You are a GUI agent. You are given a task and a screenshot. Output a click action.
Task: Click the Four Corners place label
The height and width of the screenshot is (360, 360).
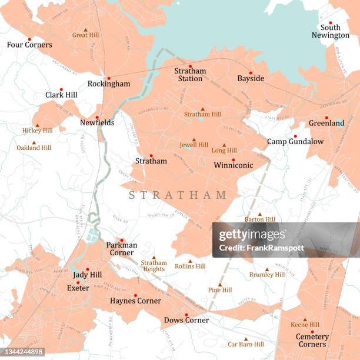click(x=29, y=45)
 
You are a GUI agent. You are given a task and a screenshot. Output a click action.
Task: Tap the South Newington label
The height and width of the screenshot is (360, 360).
click(x=330, y=31)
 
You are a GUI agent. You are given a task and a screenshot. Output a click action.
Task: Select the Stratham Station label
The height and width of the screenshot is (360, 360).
click(x=190, y=75)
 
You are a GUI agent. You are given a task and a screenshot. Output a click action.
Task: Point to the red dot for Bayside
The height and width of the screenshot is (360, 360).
click(x=251, y=73)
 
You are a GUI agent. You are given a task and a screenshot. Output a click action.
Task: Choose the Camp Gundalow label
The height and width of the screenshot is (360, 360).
click(x=287, y=142)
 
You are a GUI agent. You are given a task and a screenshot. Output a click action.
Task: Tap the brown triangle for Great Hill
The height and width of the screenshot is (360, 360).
click(x=85, y=29)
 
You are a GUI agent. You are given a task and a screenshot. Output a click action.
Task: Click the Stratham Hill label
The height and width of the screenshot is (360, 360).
click(x=202, y=114)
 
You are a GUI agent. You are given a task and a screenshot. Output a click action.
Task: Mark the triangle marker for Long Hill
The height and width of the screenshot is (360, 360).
click(x=224, y=145)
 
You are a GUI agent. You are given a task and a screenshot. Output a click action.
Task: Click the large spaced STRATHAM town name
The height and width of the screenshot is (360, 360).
click(x=178, y=195)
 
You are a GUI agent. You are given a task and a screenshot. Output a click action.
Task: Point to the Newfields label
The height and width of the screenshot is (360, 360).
click(x=97, y=122)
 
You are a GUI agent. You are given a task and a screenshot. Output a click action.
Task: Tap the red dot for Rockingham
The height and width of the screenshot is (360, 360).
click(x=108, y=78)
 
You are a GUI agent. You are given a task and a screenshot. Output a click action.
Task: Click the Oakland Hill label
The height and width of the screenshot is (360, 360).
click(x=34, y=148)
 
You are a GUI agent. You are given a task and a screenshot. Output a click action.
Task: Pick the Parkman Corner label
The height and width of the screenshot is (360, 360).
click(x=122, y=249)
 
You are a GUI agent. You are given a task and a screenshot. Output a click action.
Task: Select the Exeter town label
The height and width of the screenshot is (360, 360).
click(x=78, y=288)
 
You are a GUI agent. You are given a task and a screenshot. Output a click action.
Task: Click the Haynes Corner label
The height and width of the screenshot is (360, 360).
click(x=135, y=301)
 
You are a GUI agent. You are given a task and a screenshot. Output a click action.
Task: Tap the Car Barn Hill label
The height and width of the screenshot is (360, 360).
click(x=246, y=344)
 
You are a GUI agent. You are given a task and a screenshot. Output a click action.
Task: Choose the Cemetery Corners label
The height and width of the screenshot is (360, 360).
click(x=312, y=341)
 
